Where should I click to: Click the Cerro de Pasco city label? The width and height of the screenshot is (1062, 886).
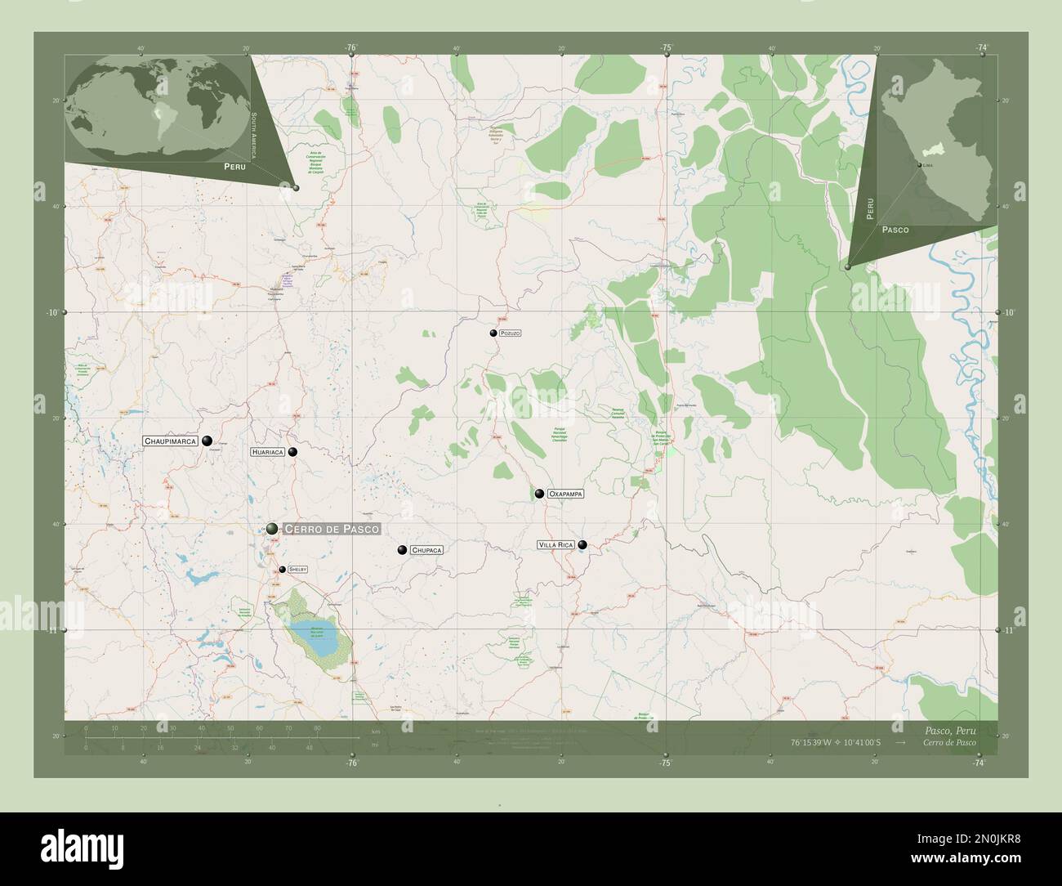point(331,530)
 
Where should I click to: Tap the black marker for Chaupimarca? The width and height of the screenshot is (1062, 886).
point(207,440)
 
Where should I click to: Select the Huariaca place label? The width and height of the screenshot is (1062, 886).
point(268,451)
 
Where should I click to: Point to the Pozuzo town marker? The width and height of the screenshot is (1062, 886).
point(493,333)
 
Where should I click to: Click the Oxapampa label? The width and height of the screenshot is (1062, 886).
point(565,494)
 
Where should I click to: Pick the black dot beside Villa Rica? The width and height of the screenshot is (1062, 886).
point(582,544)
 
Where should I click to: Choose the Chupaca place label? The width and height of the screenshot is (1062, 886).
point(427,551)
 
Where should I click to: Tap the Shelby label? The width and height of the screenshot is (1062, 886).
point(297,569)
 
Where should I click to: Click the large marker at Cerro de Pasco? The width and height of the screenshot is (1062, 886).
point(271,530)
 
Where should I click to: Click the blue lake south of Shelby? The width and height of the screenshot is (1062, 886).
point(315,638)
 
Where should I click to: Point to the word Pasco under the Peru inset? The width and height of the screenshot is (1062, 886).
point(895,230)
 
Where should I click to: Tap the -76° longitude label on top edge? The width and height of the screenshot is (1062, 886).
point(352,48)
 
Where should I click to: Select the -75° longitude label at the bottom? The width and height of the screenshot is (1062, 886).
point(666,763)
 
